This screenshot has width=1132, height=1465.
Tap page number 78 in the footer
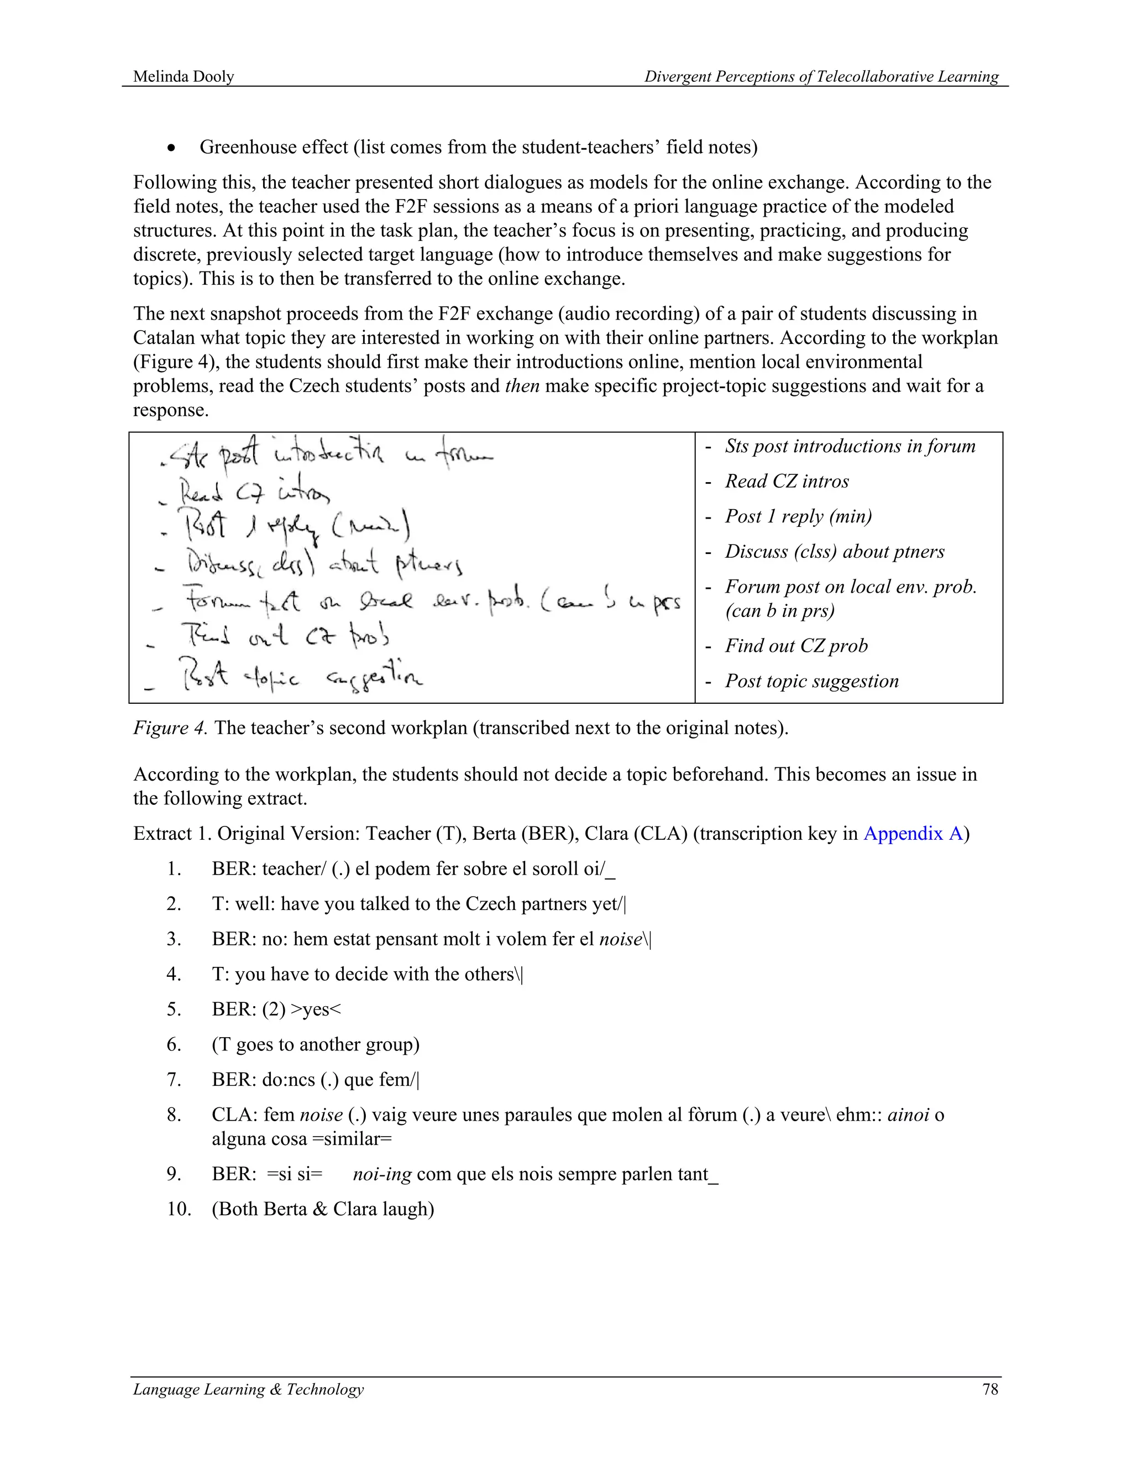[990, 1389]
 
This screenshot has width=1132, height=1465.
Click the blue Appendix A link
[912, 833]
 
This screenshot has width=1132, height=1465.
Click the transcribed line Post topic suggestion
[811, 681]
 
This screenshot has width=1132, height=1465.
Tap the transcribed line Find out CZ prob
[795, 646]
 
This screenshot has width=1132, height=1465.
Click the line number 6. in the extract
[174, 1044]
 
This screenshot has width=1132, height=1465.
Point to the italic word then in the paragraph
[522, 386]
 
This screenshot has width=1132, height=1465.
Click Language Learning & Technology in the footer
[248, 1389]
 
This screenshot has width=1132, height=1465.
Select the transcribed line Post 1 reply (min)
[798, 516]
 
